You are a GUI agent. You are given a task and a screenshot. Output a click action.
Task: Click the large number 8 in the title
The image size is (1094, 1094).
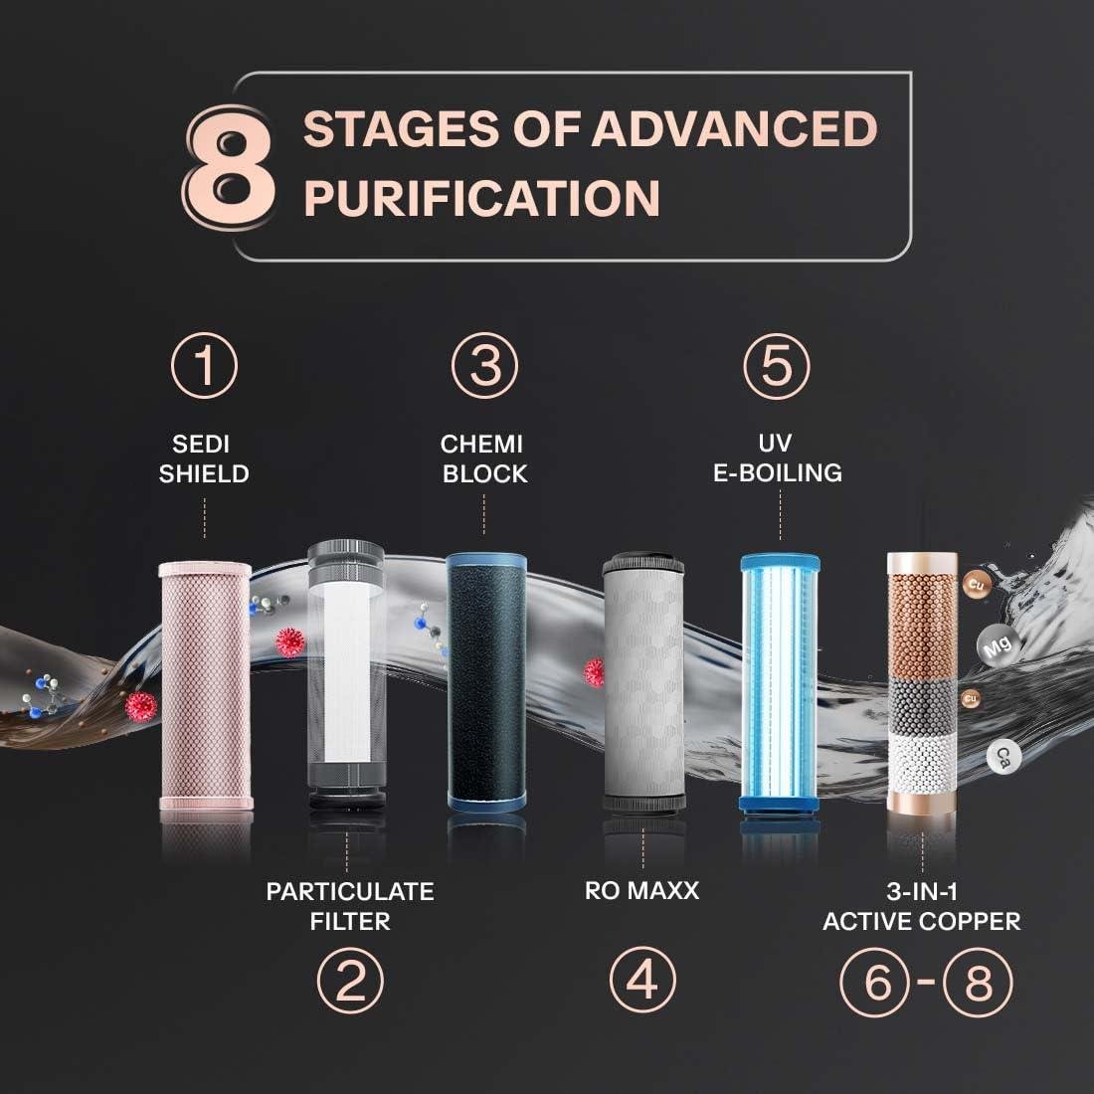pyautogui.click(x=230, y=167)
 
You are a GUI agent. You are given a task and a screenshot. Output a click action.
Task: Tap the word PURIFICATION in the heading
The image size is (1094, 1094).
pyautogui.click(x=482, y=198)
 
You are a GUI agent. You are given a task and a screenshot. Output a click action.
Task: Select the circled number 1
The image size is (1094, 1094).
pyautogui.click(x=205, y=366)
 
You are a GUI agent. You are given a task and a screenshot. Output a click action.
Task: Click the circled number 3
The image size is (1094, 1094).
pyautogui.click(x=484, y=366)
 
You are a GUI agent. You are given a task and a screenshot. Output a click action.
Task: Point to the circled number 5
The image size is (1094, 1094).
pyautogui.click(x=777, y=366)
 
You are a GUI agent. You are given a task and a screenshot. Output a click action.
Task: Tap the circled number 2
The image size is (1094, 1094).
pyautogui.click(x=350, y=981)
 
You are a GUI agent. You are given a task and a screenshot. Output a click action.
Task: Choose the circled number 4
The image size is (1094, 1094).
pyautogui.click(x=642, y=980)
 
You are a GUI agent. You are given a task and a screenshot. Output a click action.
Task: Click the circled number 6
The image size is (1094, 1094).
pyautogui.click(x=875, y=982)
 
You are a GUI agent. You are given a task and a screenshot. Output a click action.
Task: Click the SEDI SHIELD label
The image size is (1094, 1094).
pyautogui.click(x=204, y=458)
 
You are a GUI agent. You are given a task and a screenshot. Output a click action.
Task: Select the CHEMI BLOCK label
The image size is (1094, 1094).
pyautogui.click(x=483, y=458)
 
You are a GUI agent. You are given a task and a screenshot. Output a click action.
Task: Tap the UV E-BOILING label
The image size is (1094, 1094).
pyautogui.click(x=778, y=457)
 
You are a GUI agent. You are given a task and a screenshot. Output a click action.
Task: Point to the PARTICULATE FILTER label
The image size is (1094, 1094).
pyautogui.click(x=350, y=906)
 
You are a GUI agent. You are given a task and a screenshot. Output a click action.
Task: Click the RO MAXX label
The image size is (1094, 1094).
pyautogui.click(x=641, y=891)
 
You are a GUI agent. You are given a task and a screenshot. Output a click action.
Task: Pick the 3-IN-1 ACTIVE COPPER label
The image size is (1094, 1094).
pyautogui.click(x=922, y=906)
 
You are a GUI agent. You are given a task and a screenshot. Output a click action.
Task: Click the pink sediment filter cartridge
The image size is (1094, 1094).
pyautogui.click(x=206, y=685)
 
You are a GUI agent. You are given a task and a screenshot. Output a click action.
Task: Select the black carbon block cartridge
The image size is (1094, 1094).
pyautogui.click(x=486, y=682)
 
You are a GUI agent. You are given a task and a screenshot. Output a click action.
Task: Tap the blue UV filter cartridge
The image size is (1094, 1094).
pyautogui.click(x=780, y=684)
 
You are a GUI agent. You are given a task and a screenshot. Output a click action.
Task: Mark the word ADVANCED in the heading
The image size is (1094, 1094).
pyautogui.click(x=735, y=128)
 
